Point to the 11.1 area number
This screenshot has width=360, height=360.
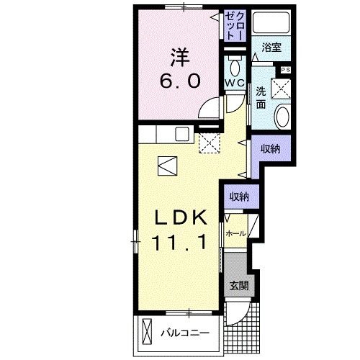[181, 243]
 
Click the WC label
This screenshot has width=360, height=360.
[235, 83]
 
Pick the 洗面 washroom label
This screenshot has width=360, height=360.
[260, 96]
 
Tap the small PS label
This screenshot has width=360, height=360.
[286, 70]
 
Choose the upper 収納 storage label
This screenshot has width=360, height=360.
[270, 148]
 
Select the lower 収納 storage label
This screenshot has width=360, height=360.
[240, 196]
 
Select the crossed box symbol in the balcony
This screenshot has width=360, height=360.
[148, 333]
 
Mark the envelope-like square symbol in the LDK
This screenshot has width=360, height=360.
[166, 166]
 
